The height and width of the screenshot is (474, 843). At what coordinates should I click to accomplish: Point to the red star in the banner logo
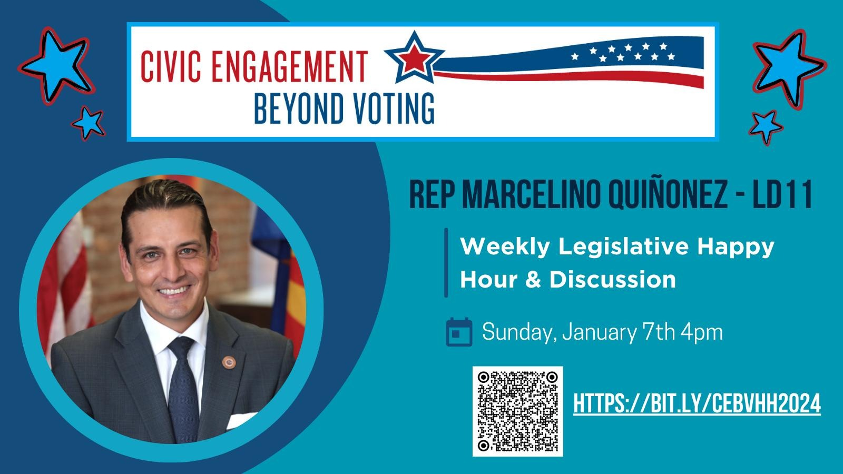click(x=414, y=58)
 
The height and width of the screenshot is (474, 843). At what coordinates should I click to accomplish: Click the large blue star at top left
click(x=56, y=65)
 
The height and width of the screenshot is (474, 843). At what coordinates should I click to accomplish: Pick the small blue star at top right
click(x=766, y=127)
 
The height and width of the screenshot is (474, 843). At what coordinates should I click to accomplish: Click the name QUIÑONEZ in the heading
click(x=668, y=195)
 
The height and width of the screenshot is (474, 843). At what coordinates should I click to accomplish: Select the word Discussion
click(x=612, y=280)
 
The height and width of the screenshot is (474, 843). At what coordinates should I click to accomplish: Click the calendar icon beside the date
click(x=459, y=332)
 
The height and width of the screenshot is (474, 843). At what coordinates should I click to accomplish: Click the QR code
click(x=518, y=411)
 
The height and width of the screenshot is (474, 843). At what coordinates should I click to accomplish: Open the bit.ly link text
click(x=697, y=403)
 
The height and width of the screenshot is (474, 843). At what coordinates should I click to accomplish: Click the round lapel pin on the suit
click(x=229, y=362)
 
